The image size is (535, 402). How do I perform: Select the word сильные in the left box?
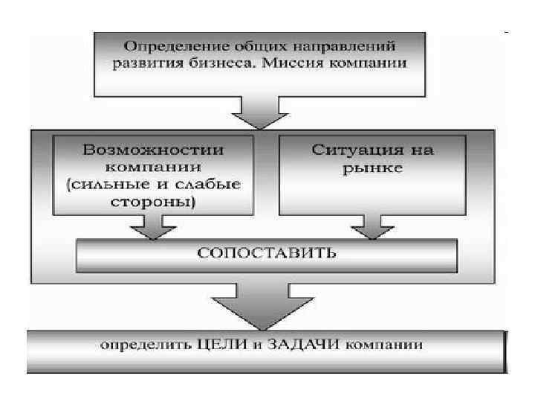pos(118,185)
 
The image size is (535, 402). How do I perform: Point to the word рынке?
pos(372,168)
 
